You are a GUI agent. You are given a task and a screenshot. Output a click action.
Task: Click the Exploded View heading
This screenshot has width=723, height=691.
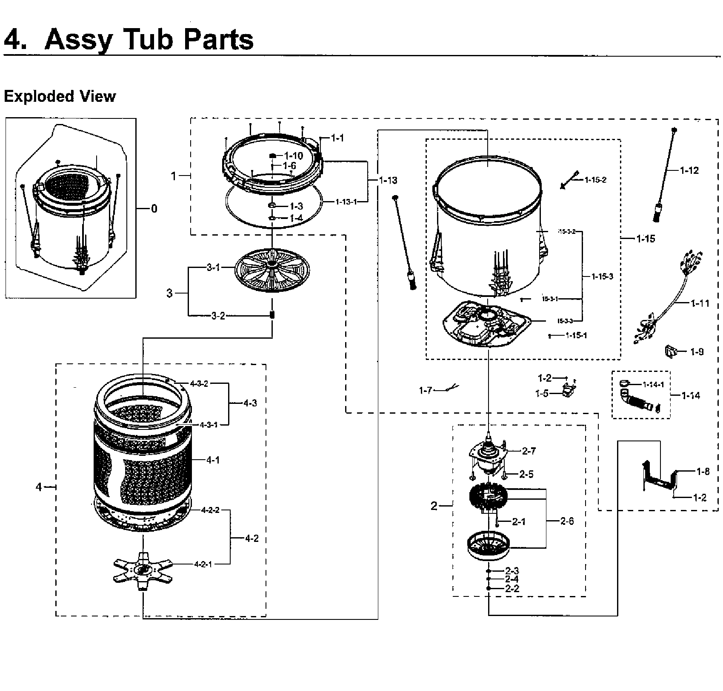(x=60, y=96)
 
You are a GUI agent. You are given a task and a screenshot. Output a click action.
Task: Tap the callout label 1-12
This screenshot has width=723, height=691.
(x=689, y=170)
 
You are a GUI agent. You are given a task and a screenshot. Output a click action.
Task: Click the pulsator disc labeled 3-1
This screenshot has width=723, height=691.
(x=272, y=271)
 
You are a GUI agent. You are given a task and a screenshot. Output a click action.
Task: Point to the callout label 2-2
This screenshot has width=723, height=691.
(x=512, y=588)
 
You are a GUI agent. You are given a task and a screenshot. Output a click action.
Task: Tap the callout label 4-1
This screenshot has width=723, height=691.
(x=213, y=460)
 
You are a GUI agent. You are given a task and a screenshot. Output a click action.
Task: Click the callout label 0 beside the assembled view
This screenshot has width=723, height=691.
(x=154, y=208)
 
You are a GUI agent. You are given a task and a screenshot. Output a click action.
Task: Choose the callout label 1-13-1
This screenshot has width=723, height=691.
(x=346, y=202)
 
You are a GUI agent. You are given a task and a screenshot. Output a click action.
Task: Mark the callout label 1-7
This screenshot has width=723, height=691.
(x=425, y=390)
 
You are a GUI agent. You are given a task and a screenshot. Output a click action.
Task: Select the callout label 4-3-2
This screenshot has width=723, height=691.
(x=199, y=383)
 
